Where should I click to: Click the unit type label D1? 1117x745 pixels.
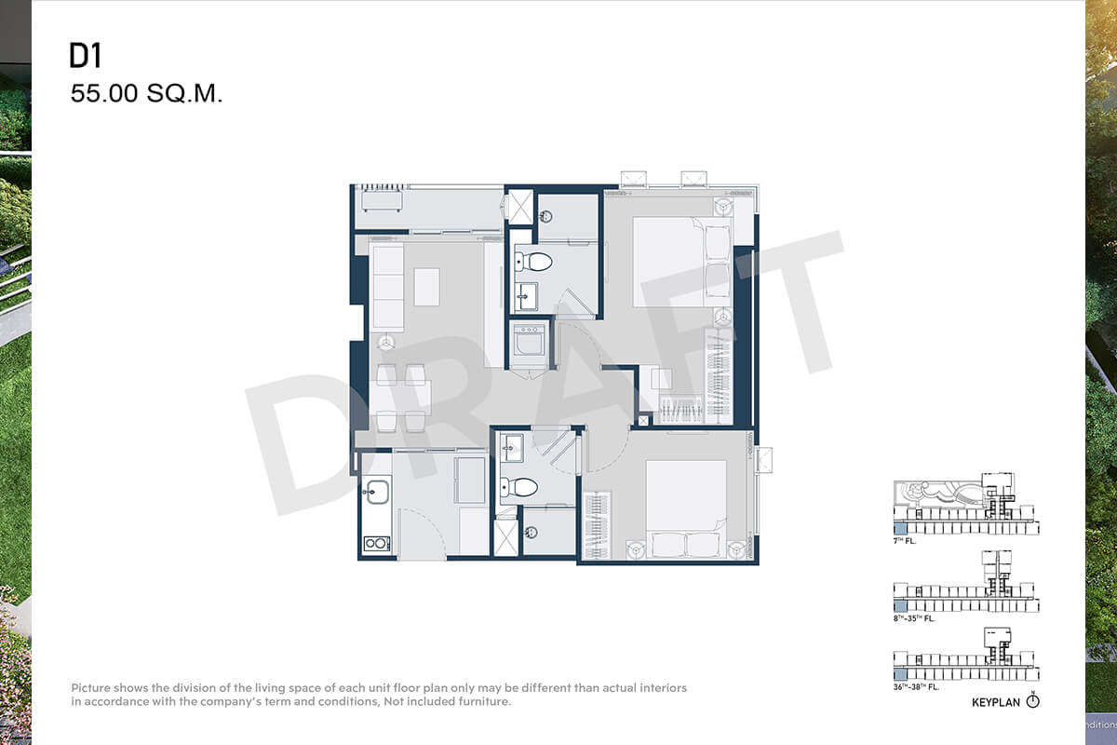(86, 55)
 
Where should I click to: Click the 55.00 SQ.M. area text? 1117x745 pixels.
(146, 93)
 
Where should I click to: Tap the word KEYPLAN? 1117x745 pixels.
(996, 702)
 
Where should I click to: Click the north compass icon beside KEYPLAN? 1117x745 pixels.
(1032, 700)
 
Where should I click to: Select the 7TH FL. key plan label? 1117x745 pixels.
(905, 541)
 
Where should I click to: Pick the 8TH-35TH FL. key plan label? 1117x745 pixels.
(914, 618)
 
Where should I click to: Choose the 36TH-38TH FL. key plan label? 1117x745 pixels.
(916, 687)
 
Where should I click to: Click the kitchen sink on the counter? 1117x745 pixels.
(376, 492)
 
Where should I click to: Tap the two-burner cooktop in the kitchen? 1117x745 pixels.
(377, 544)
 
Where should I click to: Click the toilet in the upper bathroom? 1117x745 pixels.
(533, 262)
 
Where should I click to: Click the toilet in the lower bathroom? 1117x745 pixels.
(519, 487)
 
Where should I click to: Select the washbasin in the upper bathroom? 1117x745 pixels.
(526, 296)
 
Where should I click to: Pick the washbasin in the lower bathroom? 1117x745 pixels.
(512, 447)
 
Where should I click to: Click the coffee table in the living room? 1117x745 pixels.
(427, 287)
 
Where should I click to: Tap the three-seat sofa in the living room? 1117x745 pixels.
(387, 288)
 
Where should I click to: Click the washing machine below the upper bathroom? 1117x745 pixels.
(529, 340)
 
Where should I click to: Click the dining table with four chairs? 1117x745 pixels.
(400, 398)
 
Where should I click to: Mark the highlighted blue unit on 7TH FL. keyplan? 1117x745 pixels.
(900, 528)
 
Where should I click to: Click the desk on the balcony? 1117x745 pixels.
(382, 201)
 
